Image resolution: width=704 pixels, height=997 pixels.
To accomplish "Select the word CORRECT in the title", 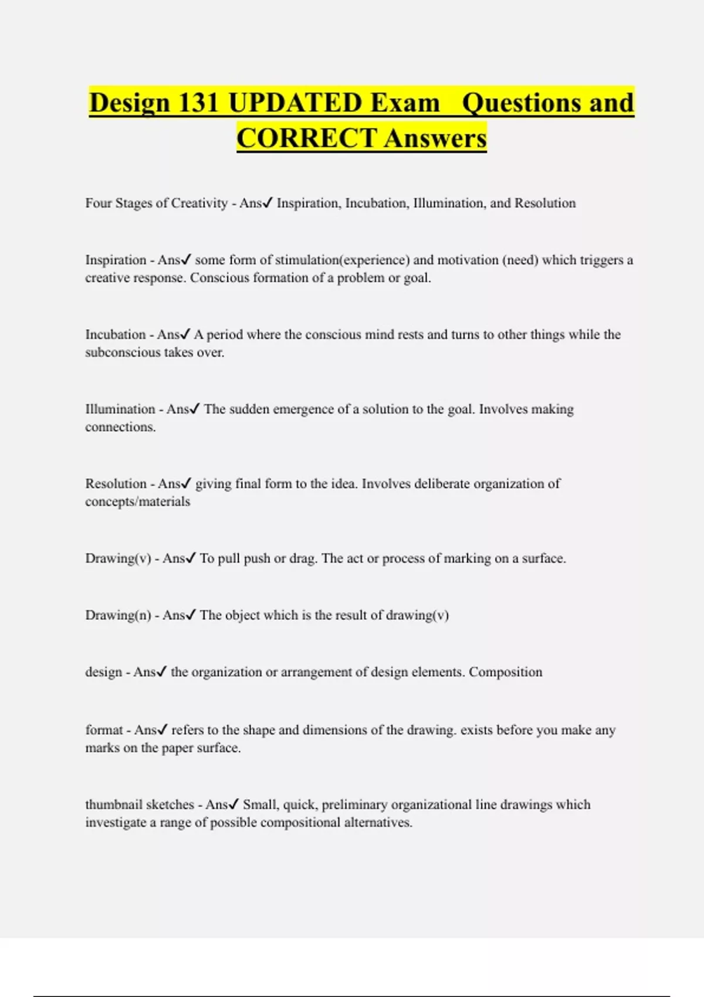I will tap(306, 138).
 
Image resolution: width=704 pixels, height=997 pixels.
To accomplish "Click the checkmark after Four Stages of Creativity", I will tap(268, 203).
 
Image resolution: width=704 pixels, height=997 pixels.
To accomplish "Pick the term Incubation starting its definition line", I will tap(116, 334).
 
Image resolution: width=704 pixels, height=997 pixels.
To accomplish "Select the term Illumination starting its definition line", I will tap(120, 409).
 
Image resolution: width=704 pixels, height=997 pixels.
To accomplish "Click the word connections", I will tap(120, 427).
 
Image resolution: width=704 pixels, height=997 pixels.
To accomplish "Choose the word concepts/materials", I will tap(138, 501).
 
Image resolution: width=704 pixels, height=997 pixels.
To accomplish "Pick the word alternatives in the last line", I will tap(378, 822).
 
